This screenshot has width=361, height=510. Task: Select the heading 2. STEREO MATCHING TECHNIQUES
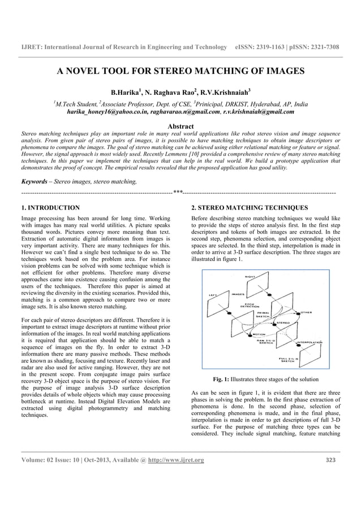click(250, 208)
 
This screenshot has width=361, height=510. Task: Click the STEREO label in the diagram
click(283, 322)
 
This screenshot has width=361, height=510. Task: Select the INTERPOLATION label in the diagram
click(310, 342)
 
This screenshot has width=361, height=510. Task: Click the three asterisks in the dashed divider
click(178, 193)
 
